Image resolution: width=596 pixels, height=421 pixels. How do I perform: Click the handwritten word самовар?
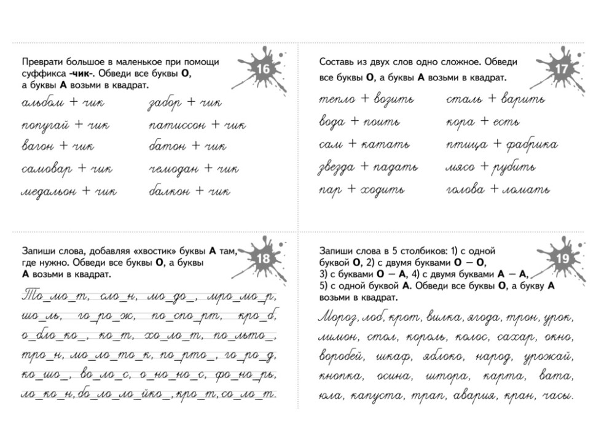pos(47,168)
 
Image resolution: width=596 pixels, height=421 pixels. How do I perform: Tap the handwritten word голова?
pos(465,189)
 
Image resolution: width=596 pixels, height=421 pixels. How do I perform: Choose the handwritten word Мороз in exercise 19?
pos(337,317)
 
